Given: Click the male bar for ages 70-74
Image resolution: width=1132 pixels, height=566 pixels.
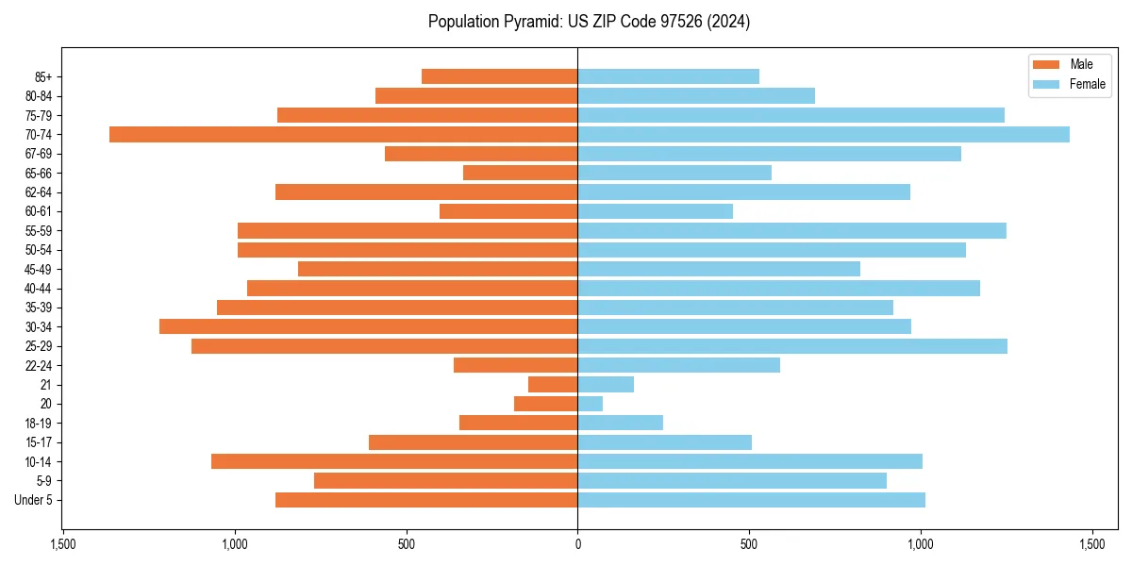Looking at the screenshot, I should click(x=343, y=134).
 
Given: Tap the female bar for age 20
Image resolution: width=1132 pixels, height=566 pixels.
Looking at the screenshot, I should click(x=591, y=404).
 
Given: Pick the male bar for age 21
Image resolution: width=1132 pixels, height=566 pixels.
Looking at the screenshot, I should click(x=553, y=385).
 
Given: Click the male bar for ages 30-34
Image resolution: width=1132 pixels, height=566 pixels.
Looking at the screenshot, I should click(x=368, y=326).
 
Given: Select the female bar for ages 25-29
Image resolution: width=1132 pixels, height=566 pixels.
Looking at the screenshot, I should click(x=792, y=346).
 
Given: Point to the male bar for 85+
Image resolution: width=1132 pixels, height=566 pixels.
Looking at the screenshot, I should click(x=499, y=76).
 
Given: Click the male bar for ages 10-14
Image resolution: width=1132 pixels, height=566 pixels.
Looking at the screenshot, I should click(x=394, y=461).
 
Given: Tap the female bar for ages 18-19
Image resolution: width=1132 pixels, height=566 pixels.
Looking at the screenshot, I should click(x=620, y=423).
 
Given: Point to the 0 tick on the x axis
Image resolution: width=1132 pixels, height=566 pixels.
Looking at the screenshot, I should click(x=577, y=545).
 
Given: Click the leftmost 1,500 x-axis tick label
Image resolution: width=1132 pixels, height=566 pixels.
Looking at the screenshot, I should click(x=62, y=545).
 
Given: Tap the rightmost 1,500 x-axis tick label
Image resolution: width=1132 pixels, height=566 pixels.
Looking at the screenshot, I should click(x=1092, y=545).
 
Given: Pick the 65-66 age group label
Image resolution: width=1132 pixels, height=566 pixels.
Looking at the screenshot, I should click(x=39, y=173).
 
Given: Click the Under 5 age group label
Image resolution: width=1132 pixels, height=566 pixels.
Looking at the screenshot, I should click(x=33, y=500).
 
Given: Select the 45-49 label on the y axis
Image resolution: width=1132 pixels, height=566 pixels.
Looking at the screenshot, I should click(x=39, y=269).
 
